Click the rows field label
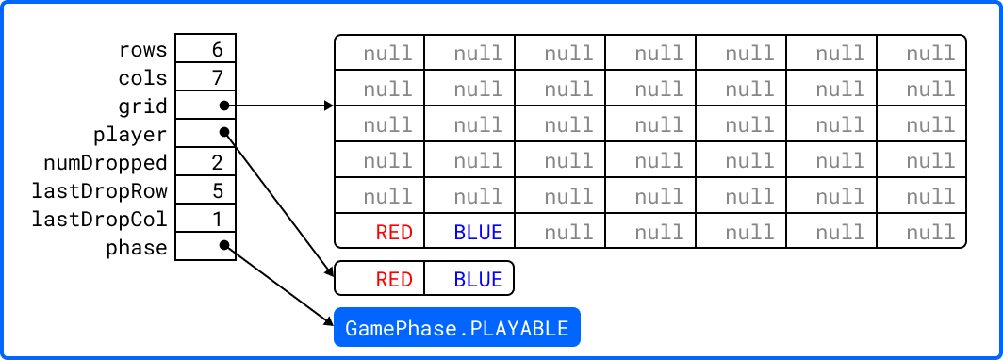click(x=142, y=49)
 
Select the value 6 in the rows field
click(x=218, y=49)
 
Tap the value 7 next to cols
click(x=218, y=78)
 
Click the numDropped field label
click(x=106, y=163)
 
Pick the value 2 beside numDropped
click(x=218, y=162)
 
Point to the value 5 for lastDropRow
click(x=218, y=190)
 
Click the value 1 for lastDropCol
click(x=218, y=220)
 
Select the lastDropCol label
click(x=100, y=220)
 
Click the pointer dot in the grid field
click(x=224, y=106)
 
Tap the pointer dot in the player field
click(x=224, y=132)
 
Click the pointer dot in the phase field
click(x=224, y=245)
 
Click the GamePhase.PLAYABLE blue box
click(x=456, y=327)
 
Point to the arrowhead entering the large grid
click(x=329, y=106)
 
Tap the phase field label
click(x=137, y=248)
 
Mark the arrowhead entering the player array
click(x=329, y=272)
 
